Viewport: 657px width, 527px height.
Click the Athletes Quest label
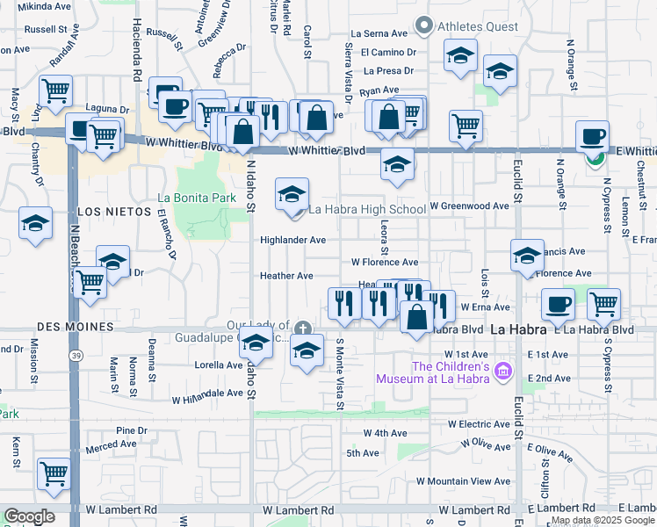coord(477,26)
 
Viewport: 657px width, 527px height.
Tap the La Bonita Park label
coord(197,198)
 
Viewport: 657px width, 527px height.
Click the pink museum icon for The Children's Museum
coord(503,372)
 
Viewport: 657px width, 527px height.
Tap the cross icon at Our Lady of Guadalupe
coord(302,328)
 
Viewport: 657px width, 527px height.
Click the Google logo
coord(29,516)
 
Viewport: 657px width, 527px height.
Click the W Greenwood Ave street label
coord(469,206)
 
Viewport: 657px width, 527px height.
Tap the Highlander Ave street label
coord(292,240)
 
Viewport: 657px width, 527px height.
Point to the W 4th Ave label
coord(386,433)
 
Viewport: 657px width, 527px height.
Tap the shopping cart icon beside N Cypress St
coord(603,304)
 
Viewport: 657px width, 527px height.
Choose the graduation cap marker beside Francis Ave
coord(527,255)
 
